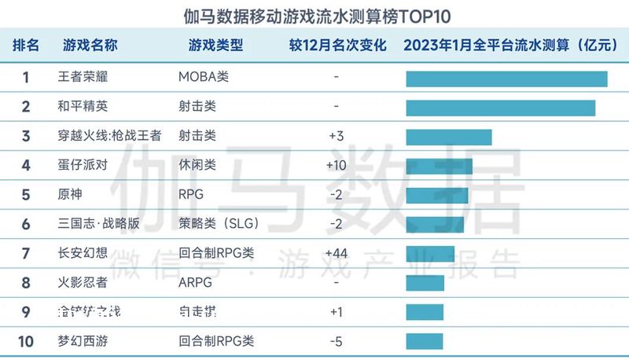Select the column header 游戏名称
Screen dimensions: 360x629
90,45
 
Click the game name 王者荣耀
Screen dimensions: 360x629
82,78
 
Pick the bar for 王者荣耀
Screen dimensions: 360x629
506,79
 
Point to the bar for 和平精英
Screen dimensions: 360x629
501,108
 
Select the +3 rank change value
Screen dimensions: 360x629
337,136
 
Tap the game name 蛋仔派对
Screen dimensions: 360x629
82,165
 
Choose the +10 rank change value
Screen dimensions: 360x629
337,165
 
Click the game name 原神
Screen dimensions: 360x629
70,194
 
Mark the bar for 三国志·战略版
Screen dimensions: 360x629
435,224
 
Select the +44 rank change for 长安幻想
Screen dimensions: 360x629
337,253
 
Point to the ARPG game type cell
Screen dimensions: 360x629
194,282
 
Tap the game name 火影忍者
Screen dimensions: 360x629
82,282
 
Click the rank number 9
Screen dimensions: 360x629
26,312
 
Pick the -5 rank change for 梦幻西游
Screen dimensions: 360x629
337,341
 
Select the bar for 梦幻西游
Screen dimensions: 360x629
425,341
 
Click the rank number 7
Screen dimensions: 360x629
26,253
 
